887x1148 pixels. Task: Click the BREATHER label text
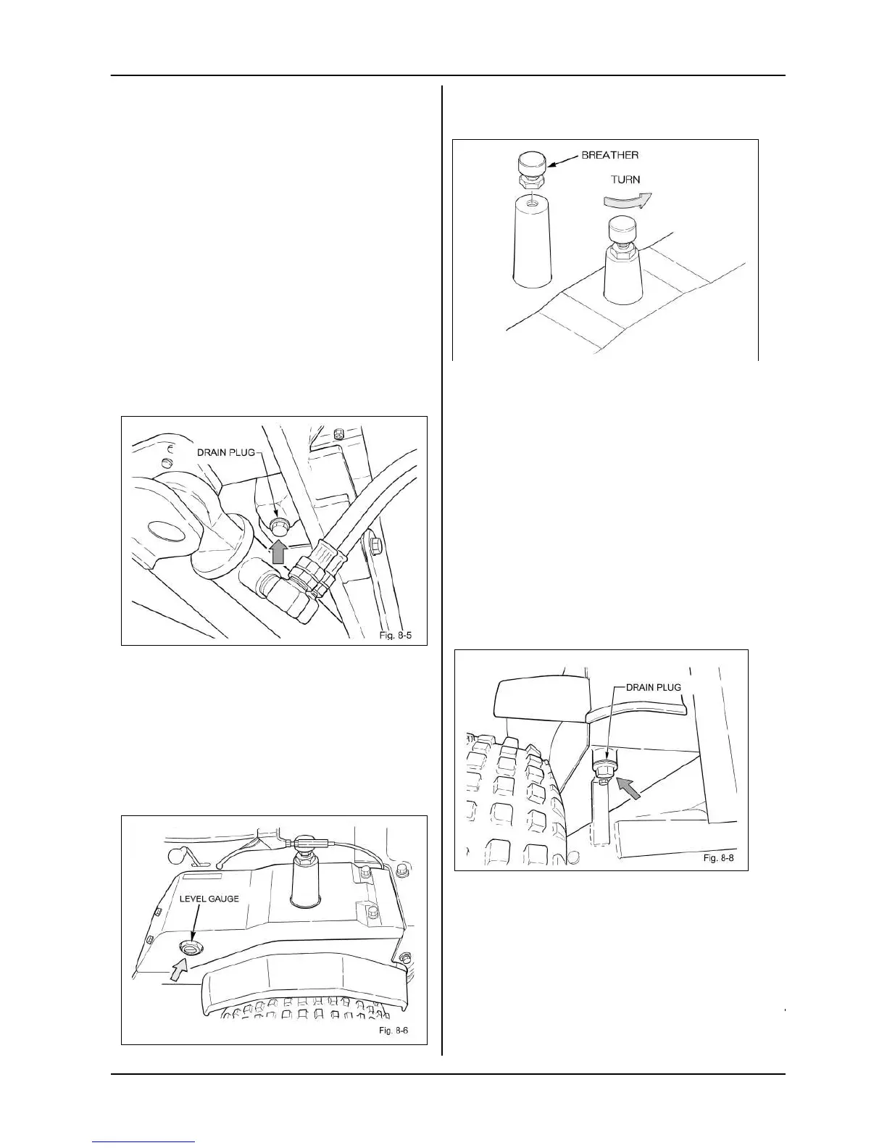point(609,155)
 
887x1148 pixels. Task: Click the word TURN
point(625,180)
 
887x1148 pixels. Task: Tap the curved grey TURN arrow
point(628,199)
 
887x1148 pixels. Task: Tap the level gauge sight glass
point(191,948)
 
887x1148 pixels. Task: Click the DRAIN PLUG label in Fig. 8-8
point(653,686)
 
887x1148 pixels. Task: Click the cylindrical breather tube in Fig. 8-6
point(303,879)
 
